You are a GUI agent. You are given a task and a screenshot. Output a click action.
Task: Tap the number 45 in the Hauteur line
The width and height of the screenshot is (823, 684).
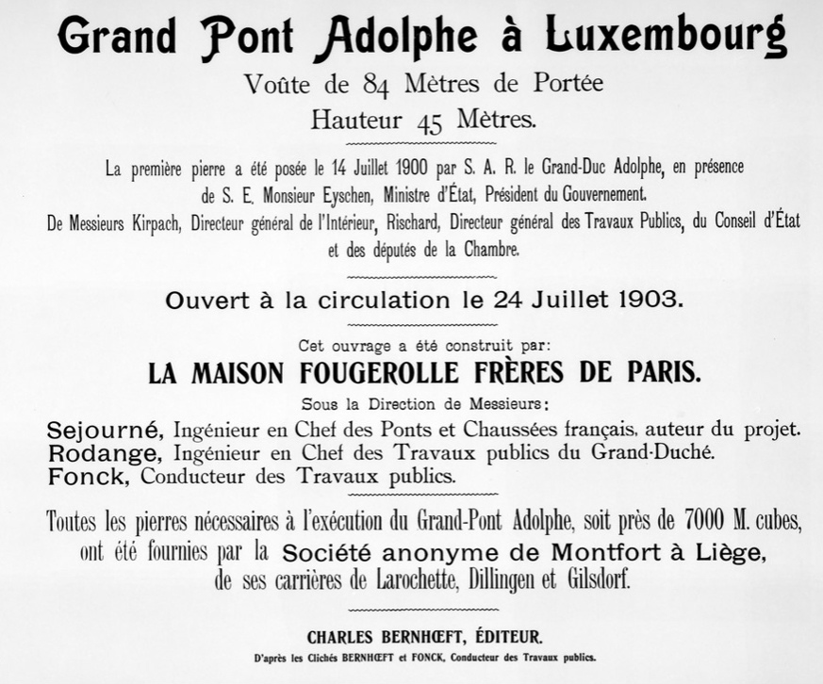429,122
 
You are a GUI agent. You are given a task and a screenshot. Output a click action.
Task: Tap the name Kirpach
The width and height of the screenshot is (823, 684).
156,224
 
